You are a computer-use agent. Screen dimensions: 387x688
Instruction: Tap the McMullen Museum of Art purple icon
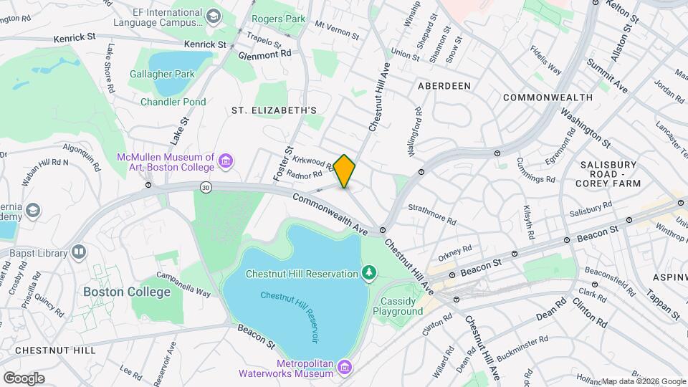coord(226,161)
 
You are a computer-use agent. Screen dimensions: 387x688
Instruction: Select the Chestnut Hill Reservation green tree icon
coord(369,273)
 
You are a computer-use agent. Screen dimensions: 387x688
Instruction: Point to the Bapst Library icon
coord(78,252)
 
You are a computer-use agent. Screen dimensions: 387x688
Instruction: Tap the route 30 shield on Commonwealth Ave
coord(206,188)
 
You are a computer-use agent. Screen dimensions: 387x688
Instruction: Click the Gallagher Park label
coord(162,73)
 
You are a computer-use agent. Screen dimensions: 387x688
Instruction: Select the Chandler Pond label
coord(173,102)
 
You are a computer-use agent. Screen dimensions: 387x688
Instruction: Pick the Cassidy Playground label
coord(401,306)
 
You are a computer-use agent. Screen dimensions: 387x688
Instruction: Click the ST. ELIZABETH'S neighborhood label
coord(274,110)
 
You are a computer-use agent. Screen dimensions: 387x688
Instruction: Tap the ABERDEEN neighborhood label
coord(444,86)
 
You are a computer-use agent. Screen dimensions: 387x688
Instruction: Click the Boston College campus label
coord(127,292)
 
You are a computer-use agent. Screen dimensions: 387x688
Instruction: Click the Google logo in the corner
coord(24,378)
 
